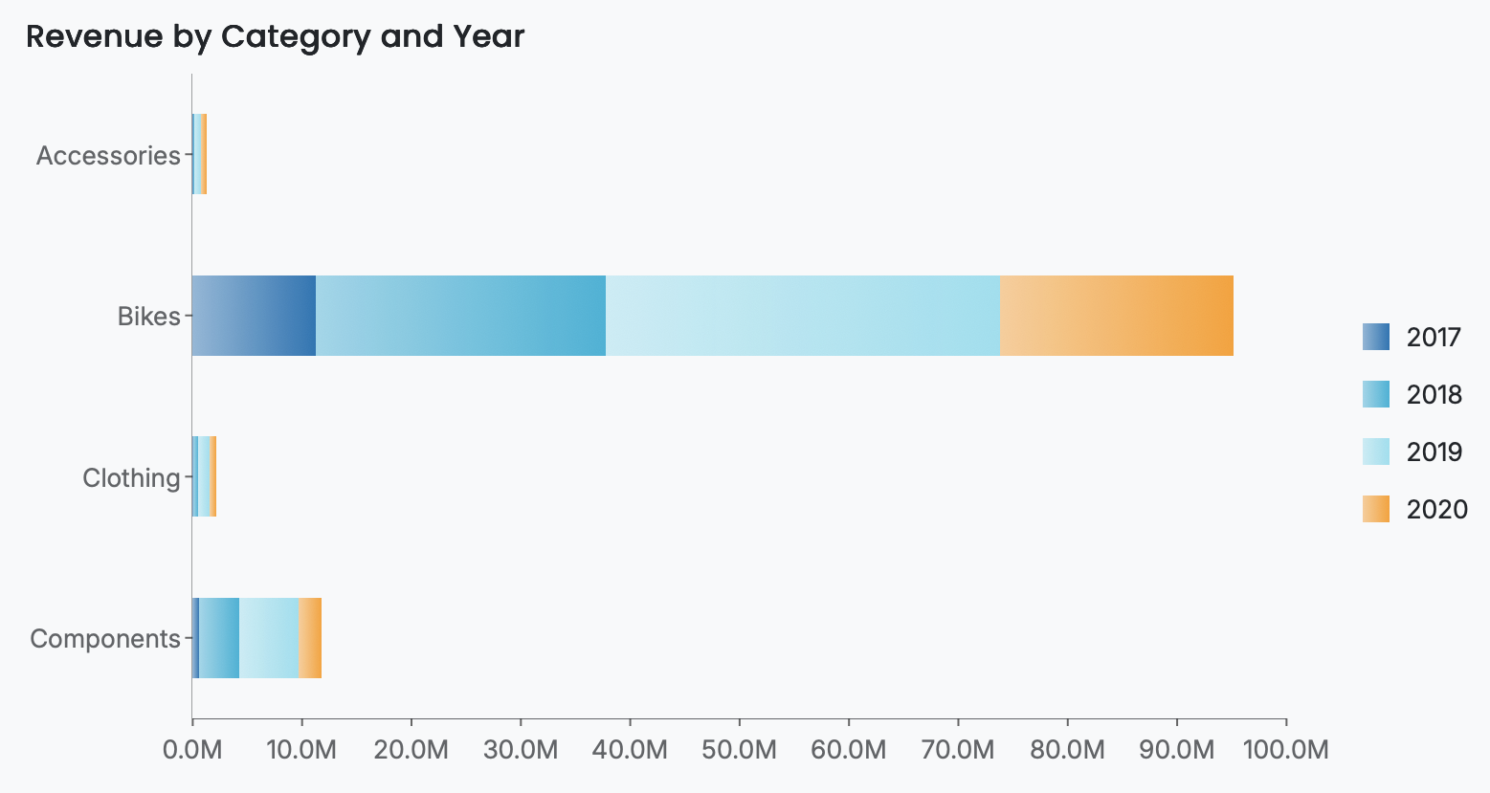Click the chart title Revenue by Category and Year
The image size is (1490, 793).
(x=275, y=37)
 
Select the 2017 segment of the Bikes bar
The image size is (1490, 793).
(x=254, y=316)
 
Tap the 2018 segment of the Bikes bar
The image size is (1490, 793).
(x=460, y=316)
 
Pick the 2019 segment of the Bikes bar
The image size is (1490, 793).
(x=803, y=316)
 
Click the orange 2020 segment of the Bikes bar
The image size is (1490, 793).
(x=1117, y=316)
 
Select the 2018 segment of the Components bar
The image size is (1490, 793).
(x=219, y=638)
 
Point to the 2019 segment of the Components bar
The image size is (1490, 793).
(x=269, y=638)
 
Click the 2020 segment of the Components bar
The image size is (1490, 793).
(x=310, y=638)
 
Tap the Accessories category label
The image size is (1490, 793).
(x=108, y=155)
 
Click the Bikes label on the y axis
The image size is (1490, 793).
(x=148, y=316)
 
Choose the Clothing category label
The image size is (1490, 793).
(x=131, y=477)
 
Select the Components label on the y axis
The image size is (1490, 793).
(x=105, y=638)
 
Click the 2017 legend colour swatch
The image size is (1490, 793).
(x=1375, y=337)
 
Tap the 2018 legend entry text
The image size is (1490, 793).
(x=1434, y=394)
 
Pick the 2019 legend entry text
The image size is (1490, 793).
(x=1434, y=452)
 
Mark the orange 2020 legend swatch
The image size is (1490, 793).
(x=1375, y=509)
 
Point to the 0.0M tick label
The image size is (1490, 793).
(x=192, y=749)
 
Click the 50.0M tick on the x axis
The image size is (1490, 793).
(x=739, y=749)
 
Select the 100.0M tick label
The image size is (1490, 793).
(x=1285, y=749)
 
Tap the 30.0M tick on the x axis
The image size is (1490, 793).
(x=521, y=749)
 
